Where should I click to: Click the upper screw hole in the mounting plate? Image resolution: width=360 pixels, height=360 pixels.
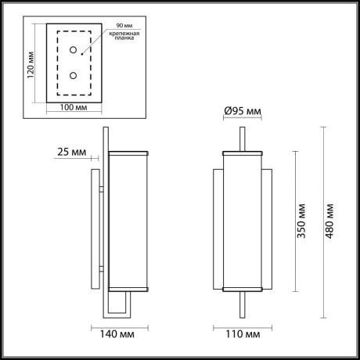[72, 50]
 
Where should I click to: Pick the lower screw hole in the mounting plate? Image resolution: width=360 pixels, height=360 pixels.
[72, 76]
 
